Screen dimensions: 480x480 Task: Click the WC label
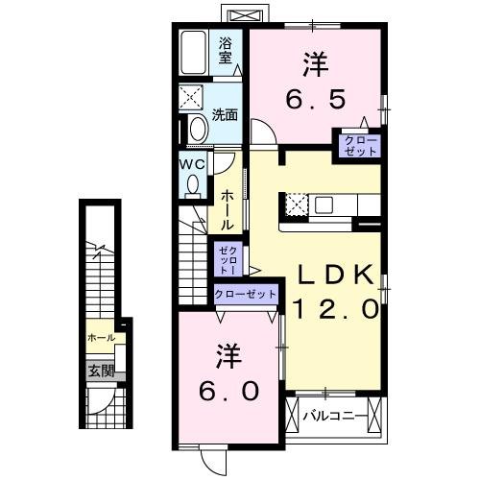(190, 162)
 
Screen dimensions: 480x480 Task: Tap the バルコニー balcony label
(335, 417)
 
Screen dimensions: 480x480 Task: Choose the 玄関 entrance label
(101, 371)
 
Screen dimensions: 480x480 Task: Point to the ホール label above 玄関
(101, 338)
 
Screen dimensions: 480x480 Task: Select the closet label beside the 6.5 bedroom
(356, 146)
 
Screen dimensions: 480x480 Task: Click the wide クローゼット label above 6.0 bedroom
(245, 294)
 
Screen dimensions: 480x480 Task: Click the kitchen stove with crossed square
(295, 204)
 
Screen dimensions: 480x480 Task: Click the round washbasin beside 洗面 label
(198, 129)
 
